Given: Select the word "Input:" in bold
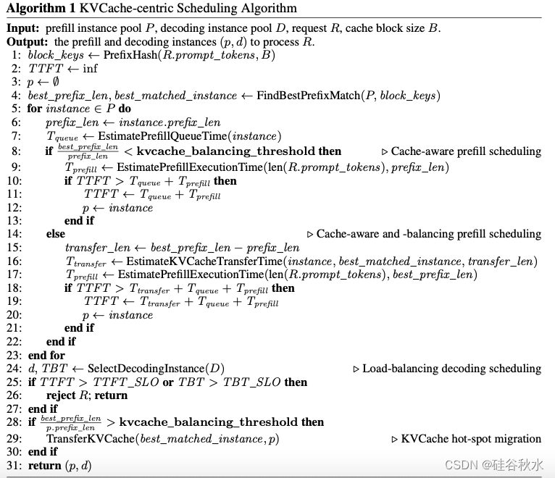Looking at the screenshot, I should pyautogui.click(x=25, y=28).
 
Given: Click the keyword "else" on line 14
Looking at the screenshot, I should pyautogui.click(x=55, y=233).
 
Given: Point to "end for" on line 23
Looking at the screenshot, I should pyautogui.click(x=46, y=355).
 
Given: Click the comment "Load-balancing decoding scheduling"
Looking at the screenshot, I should pyautogui.click(x=451, y=369).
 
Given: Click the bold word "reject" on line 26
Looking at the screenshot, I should pyautogui.click(x=63, y=395).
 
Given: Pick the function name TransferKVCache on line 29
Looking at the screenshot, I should pyautogui.click(x=88, y=438).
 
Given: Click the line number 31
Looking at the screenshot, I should pyautogui.click(x=15, y=465).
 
